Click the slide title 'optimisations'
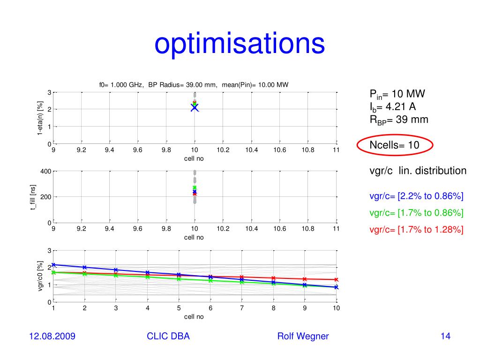240,44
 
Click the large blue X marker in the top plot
195,108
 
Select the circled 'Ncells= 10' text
394,145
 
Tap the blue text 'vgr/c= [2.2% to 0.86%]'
416,196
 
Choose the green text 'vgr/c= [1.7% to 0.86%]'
416,213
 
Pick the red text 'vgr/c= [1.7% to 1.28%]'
416,229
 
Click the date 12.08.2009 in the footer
52,336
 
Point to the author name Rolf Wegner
303,336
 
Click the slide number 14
445,336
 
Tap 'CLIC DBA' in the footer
168,336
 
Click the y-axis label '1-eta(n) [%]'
40,119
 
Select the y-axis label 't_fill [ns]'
33,197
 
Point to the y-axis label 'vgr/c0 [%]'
40,277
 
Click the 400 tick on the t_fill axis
45,172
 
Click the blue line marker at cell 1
54,265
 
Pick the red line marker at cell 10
336,279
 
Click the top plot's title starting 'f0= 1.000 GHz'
194,85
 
